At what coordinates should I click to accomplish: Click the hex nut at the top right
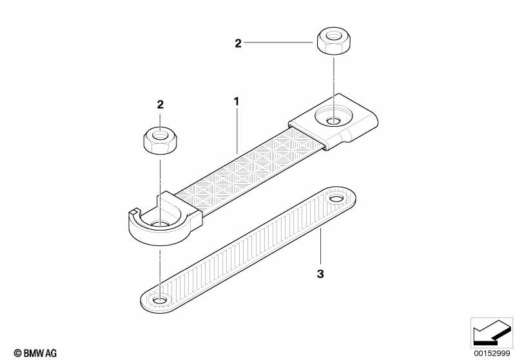333,41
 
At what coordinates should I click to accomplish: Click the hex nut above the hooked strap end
160,140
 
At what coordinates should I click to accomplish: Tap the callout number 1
236,102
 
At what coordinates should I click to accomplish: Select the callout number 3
320,273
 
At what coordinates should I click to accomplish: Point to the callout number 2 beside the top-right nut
238,43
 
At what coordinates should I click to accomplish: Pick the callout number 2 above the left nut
160,105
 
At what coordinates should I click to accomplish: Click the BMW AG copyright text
35,353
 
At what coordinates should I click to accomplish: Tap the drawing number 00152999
492,354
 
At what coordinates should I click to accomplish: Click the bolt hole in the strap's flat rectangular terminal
334,122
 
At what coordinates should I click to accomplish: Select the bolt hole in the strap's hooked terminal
160,224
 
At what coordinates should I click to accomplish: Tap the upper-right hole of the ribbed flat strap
336,198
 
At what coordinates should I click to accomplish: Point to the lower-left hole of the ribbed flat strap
160,300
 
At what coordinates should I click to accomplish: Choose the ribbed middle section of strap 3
248,249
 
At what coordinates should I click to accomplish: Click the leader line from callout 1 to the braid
237,131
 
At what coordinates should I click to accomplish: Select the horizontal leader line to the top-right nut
278,43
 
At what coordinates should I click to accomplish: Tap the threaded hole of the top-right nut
334,35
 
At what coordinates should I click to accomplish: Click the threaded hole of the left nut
160,135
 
